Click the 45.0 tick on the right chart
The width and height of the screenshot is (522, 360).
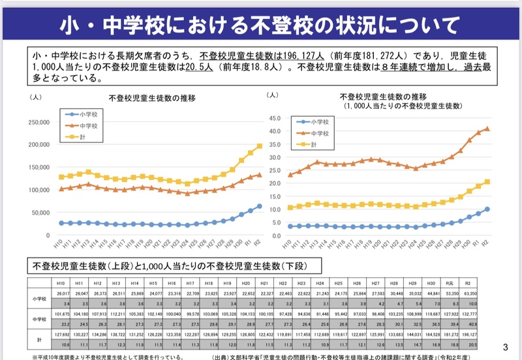tap(275, 119)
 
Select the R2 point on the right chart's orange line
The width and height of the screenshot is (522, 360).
tap(487, 128)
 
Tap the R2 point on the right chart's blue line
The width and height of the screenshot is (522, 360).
tap(487, 209)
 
